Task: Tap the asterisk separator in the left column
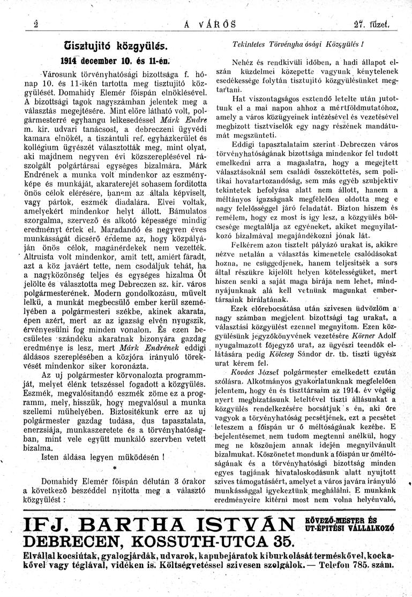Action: [x=115, y=468]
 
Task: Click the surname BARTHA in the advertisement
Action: [x=133, y=526]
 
